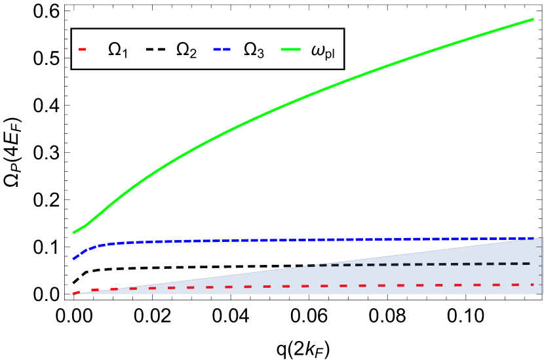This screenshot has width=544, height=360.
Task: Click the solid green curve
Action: (301, 98)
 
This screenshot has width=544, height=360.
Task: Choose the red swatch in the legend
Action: (82, 49)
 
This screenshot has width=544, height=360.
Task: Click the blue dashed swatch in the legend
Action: (222, 49)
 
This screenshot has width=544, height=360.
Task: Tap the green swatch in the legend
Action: (290, 49)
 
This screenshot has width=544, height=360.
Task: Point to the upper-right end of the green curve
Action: (533, 19)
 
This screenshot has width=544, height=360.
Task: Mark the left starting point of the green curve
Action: (73, 233)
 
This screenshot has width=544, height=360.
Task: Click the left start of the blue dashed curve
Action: (73, 258)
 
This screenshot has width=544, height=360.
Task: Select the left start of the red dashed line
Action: (73, 293)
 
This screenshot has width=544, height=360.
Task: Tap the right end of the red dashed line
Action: (534, 285)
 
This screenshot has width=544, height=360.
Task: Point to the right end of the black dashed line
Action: (530, 264)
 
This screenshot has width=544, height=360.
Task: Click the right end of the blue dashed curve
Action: (534, 238)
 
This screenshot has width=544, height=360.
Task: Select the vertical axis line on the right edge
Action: (542, 266)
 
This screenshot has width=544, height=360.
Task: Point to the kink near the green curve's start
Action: (87, 225)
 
